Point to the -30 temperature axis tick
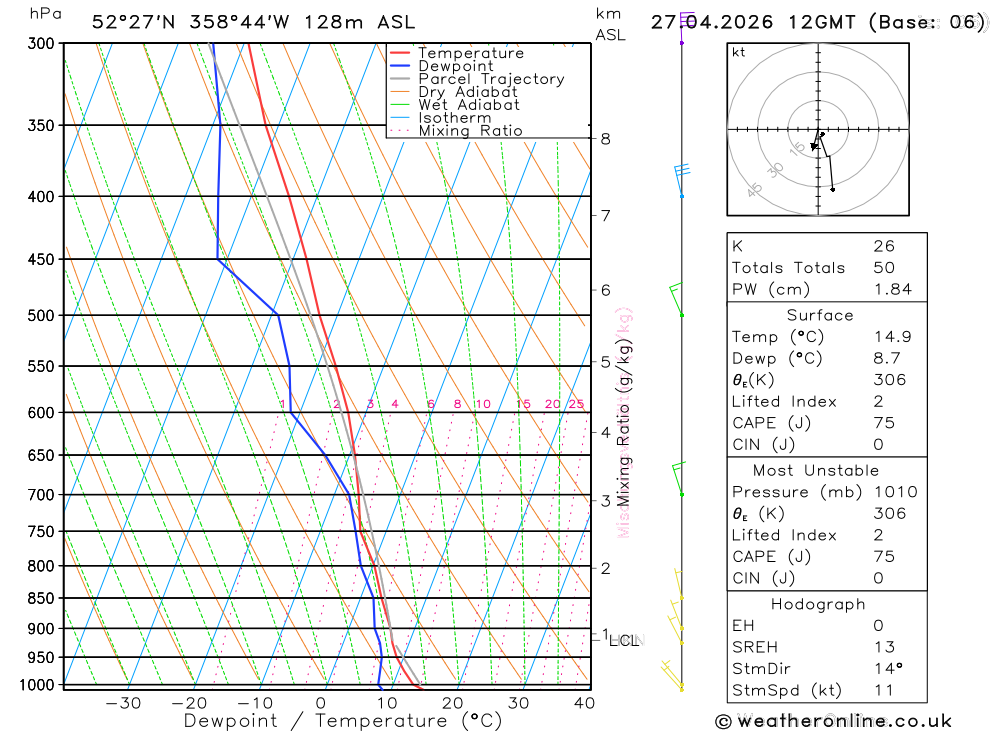click(123, 703)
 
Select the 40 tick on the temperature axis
click(584, 703)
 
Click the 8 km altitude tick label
click(605, 139)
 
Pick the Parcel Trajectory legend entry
click(491, 79)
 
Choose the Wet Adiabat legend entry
click(469, 105)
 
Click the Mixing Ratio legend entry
click(470, 131)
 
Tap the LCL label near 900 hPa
click(624, 640)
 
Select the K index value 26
click(883, 246)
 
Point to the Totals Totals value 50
click(883, 268)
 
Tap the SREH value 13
click(883, 647)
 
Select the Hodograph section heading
click(818, 605)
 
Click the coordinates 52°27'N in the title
click(132, 22)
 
